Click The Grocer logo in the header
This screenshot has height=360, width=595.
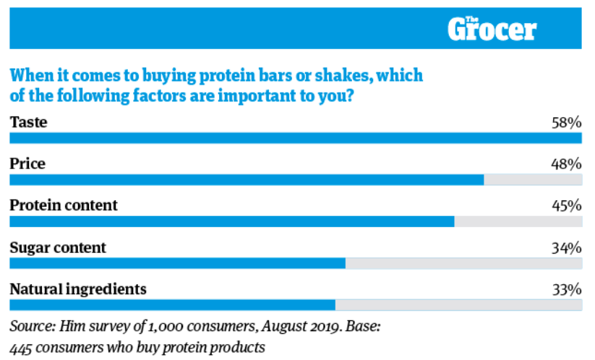[x=492, y=29]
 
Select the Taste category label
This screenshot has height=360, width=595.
[x=28, y=122]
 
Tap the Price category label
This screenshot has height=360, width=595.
[x=27, y=164]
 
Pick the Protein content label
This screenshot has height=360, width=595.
[x=64, y=205]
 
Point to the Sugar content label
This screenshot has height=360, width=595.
[x=58, y=247]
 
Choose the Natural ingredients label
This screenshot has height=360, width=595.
[x=78, y=289]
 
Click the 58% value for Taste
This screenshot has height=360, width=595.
[x=566, y=122]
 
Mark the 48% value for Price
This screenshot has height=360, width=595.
[x=566, y=164]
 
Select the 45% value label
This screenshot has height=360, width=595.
[x=566, y=205]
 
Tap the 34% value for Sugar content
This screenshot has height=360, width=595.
[x=566, y=247]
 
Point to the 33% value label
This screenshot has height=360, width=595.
[x=566, y=289]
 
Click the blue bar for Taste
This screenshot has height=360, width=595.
[x=296, y=138]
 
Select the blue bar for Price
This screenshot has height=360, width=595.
[x=246, y=180]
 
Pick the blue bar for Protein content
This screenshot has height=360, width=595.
[x=231, y=222]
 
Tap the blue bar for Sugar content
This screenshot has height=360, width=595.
[x=177, y=263]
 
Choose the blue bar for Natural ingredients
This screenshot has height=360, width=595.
[x=172, y=305]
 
